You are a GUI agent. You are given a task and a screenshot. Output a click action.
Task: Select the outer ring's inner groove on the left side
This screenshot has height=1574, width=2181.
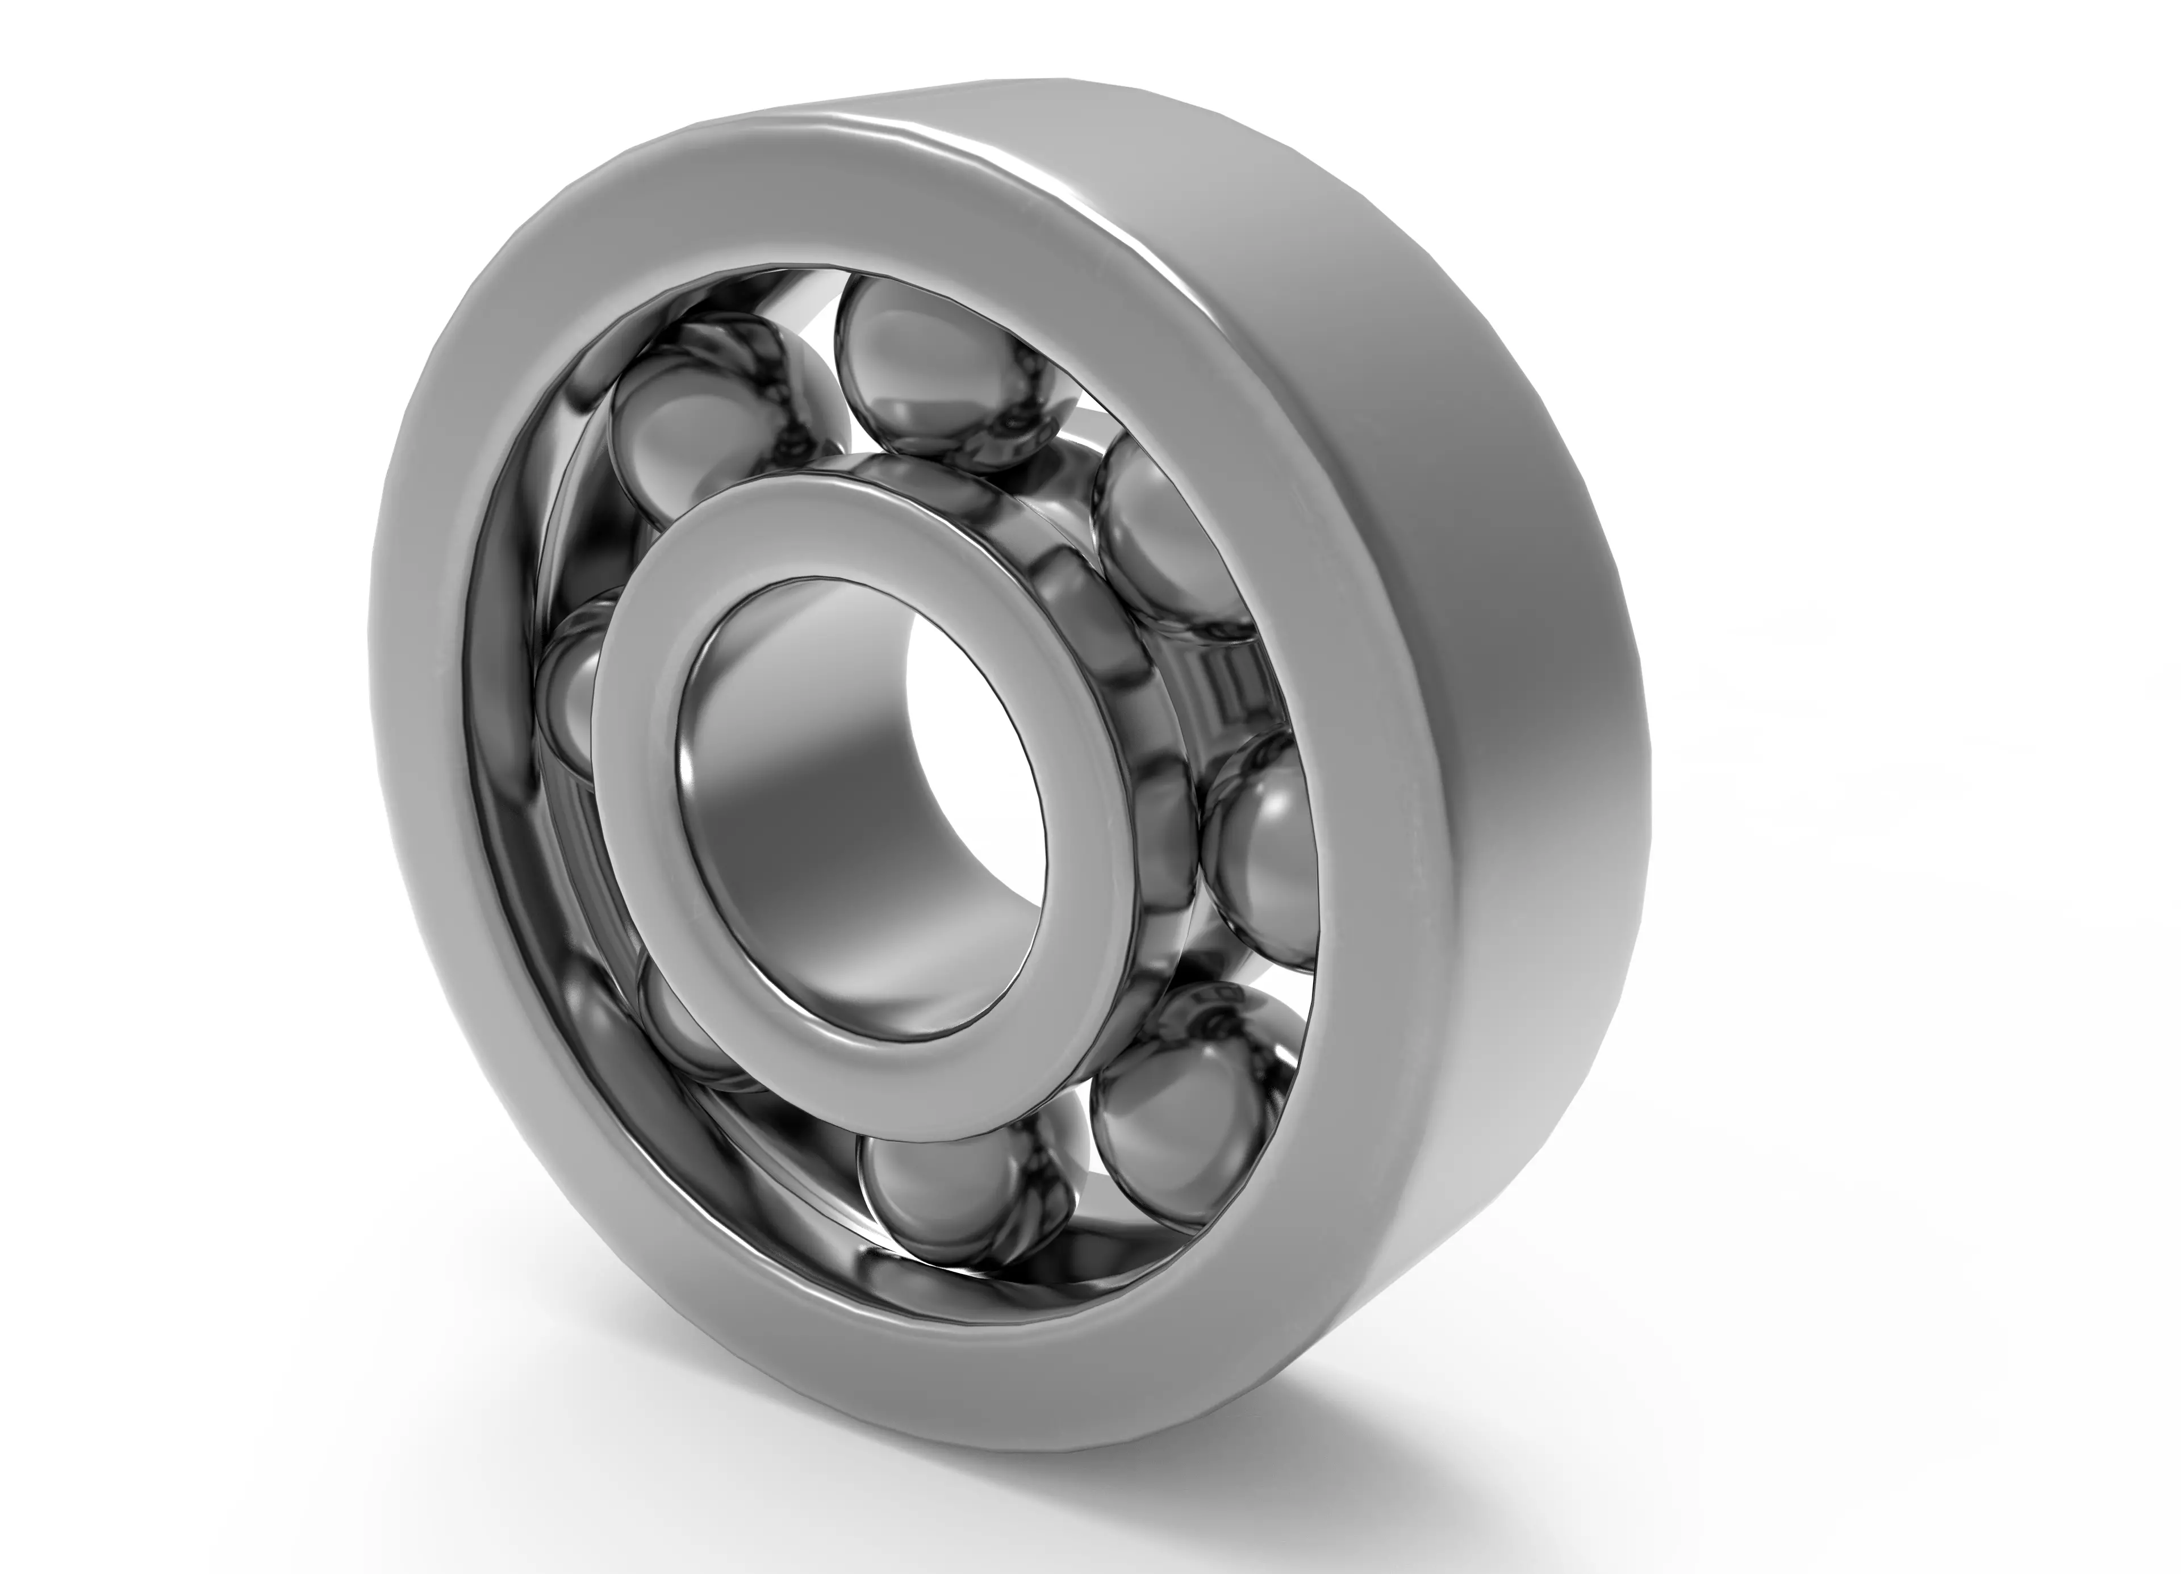click(x=500, y=769)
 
